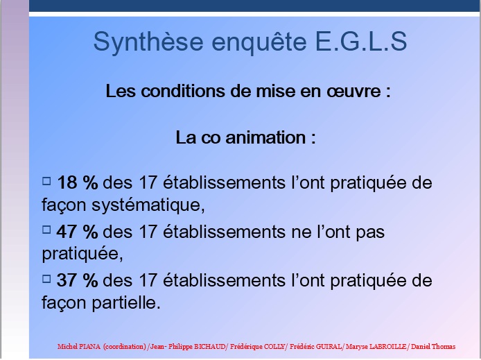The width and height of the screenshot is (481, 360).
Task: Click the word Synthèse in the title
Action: pyautogui.click(x=148, y=42)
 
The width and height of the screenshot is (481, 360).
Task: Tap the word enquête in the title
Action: pyautogui.click(x=259, y=42)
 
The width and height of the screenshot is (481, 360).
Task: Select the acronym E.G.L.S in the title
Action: pyautogui.click(x=361, y=41)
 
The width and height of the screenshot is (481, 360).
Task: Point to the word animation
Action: pyautogui.click(x=265, y=137)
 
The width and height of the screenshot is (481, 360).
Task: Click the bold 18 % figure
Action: pyautogui.click(x=78, y=182)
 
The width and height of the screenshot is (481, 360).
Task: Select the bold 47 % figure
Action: pyautogui.click(x=78, y=232)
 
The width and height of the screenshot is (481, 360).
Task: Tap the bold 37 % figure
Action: pyautogui.click(x=78, y=280)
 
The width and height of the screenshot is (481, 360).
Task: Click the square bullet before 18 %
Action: pyautogui.click(x=46, y=181)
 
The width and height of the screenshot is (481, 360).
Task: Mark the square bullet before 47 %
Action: pyautogui.click(x=46, y=230)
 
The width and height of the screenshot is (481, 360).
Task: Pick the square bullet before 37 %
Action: pyautogui.click(x=46, y=279)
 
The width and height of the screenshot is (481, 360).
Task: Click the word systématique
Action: pyautogui.click(x=148, y=205)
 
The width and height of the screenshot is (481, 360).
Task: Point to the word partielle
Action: pyautogui.click(x=126, y=302)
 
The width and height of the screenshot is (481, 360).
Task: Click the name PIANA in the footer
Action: pyautogui.click(x=89, y=347)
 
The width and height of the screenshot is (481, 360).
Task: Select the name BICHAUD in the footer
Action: pyautogui.click(x=210, y=347)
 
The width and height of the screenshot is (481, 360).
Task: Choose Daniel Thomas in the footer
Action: pyautogui.click(x=433, y=347)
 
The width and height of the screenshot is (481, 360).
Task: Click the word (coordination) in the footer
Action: pyautogui.click(x=125, y=347)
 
